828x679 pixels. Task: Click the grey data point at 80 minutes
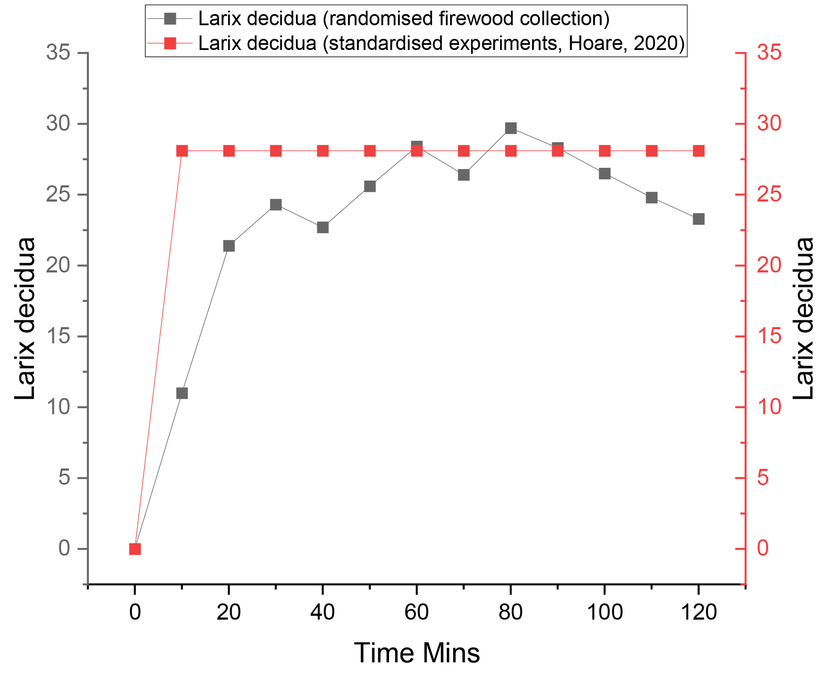tap(511, 128)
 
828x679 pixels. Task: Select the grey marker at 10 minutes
tap(182, 393)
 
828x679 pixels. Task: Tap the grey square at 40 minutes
tap(323, 227)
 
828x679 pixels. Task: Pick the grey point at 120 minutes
tap(699, 219)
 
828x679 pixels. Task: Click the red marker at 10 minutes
tap(182, 151)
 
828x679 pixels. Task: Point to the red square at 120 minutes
tap(699, 151)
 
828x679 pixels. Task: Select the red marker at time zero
tap(135, 549)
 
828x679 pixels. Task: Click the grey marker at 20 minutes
tap(229, 246)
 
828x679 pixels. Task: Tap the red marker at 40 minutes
tap(323, 151)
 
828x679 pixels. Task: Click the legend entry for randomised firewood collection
tap(404, 18)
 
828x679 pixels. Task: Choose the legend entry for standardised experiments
tap(441, 43)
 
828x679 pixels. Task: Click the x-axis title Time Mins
tap(417, 653)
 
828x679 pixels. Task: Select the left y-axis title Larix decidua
tap(25, 318)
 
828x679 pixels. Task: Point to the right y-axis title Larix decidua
tap(803, 318)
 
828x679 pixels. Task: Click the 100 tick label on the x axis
tap(605, 612)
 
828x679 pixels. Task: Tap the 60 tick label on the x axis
tap(416, 612)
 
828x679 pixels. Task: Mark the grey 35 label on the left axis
tap(58, 53)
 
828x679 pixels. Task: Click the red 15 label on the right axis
tap(769, 337)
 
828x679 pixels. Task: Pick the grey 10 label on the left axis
tap(58, 407)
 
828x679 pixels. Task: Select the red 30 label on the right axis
tap(769, 124)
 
